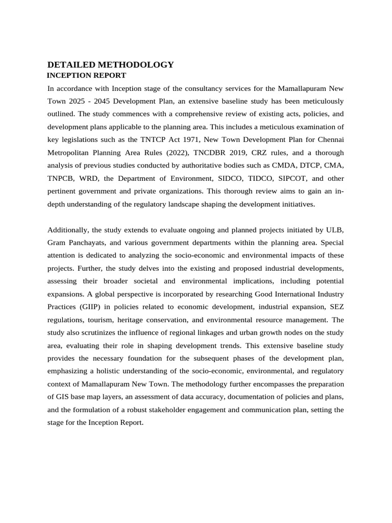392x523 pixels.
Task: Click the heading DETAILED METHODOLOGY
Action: click(x=110, y=65)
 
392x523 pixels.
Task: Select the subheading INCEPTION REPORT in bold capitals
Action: click(x=86, y=76)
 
